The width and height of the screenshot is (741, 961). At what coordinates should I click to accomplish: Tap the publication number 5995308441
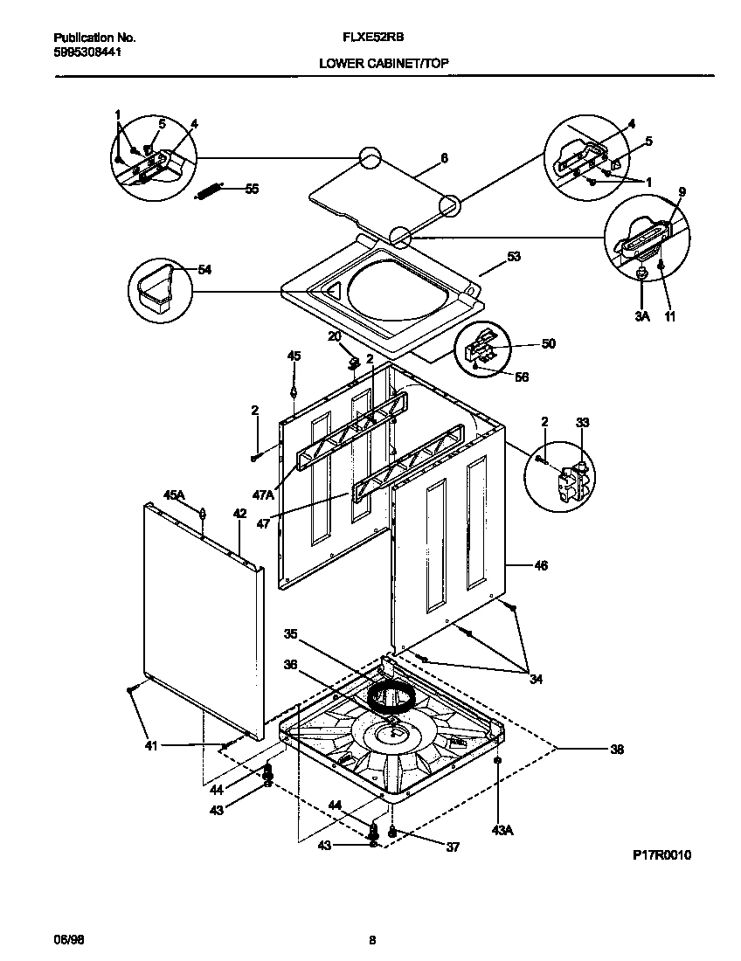tap(87, 52)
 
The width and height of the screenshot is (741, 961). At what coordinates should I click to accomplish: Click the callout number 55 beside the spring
tap(252, 189)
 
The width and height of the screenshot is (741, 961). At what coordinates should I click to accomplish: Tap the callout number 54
tap(204, 270)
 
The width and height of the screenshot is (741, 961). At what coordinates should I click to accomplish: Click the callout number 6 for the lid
tap(444, 158)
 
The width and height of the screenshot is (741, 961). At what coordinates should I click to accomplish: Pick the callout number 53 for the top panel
tap(513, 257)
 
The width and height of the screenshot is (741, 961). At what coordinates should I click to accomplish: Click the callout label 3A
tap(642, 315)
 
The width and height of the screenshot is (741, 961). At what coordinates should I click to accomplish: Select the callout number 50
tap(548, 343)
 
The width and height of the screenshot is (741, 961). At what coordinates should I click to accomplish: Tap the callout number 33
tap(583, 423)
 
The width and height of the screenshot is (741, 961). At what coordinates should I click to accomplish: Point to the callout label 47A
tap(264, 494)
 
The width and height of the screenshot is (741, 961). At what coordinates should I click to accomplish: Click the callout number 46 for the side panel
tap(541, 566)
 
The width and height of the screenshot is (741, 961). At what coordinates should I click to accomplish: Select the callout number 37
tap(452, 847)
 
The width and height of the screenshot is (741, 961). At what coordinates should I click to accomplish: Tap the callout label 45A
tap(175, 495)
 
